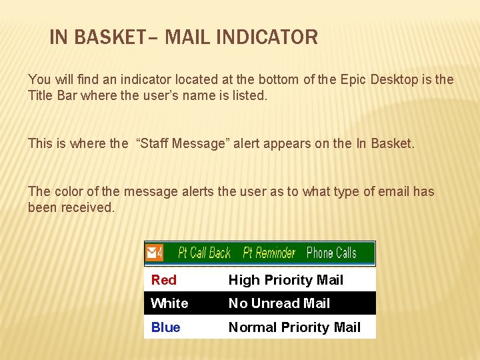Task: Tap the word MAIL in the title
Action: tap(187, 37)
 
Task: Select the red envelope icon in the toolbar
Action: tap(153, 253)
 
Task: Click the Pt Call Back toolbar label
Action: tap(204, 253)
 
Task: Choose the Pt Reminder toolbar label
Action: tap(269, 253)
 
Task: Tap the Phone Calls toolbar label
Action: tap(331, 253)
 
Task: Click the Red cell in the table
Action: tap(164, 281)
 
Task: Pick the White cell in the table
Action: tap(169, 304)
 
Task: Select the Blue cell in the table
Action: tap(165, 327)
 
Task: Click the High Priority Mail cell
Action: tap(285, 281)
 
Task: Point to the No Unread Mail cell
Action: tap(279, 304)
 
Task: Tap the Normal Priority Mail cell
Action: tap(294, 327)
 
